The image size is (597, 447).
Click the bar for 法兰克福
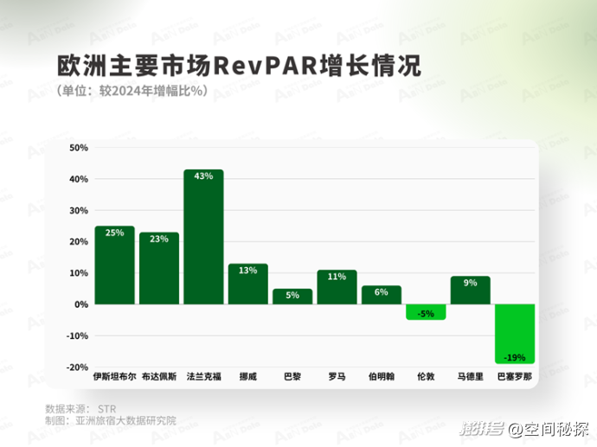pyautogui.click(x=203, y=237)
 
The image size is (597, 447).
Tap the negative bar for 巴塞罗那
pyautogui.click(x=516, y=334)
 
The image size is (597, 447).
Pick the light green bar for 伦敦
pyautogui.click(x=426, y=312)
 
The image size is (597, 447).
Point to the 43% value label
pyautogui.click(x=203, y=176)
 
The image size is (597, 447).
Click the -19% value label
pyautogui.click(x=516, y=355)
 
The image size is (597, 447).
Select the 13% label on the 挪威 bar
pyautogui.click(x=248, y=271)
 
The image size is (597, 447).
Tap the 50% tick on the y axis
pyautogui.click(x=79, y=148)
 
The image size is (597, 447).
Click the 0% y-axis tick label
pyautogui.click(x=81, y=304)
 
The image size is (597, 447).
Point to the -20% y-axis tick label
pyautogui.click(x=77, y=367)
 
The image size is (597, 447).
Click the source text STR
pyautogui.click(x=106, y=407)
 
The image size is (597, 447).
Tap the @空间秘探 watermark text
pyautogui.click(x=549, y=428)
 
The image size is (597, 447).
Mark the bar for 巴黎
pyautogui.click(x=292, y=296)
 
